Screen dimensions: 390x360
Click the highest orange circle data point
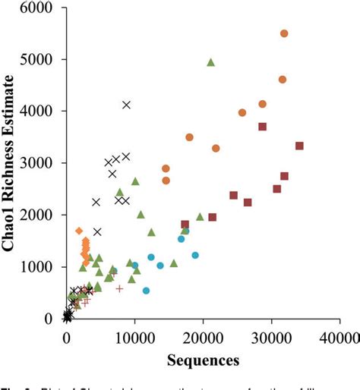pos(284,33)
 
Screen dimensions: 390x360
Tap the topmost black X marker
pos(127,105)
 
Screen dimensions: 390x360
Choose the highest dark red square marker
pos(262,127)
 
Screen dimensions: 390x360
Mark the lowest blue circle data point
pos(146,291)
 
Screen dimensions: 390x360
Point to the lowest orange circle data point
pos(166,181)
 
